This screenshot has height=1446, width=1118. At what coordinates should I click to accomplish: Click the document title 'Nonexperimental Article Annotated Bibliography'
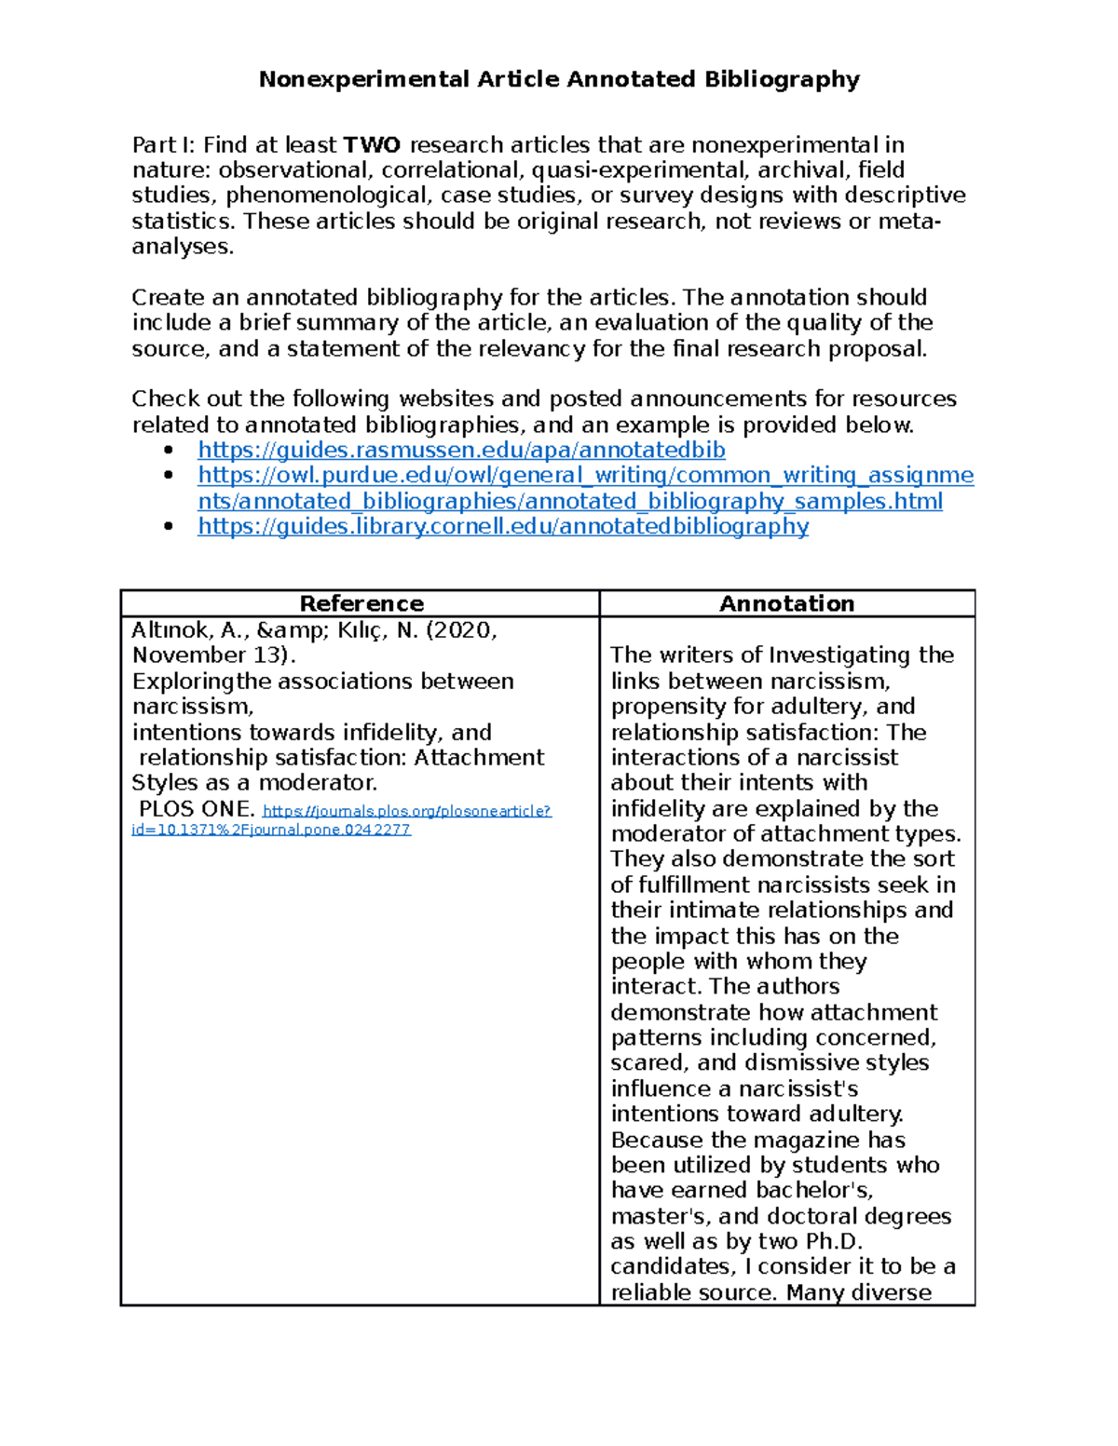click(559, 79)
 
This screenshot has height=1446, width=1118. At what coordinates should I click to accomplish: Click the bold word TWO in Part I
click(372, 145)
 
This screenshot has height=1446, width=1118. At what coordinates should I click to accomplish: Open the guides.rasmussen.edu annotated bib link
click(461, 451)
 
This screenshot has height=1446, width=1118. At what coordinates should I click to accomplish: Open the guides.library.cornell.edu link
click(503, 527)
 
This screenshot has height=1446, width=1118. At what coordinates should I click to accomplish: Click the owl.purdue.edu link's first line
click(585, 476)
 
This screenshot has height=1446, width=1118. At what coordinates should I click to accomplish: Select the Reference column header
click(361, 604)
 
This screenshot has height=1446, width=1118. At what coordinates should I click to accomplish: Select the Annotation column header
click(786, 604)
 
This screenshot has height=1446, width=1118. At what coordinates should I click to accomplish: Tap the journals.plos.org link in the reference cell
click(407, 811)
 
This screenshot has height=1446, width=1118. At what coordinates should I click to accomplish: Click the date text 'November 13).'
click(213, 655)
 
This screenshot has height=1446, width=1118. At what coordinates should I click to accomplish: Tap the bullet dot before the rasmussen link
click(169, 451)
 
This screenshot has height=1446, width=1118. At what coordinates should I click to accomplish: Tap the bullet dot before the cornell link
click(169, 527)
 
